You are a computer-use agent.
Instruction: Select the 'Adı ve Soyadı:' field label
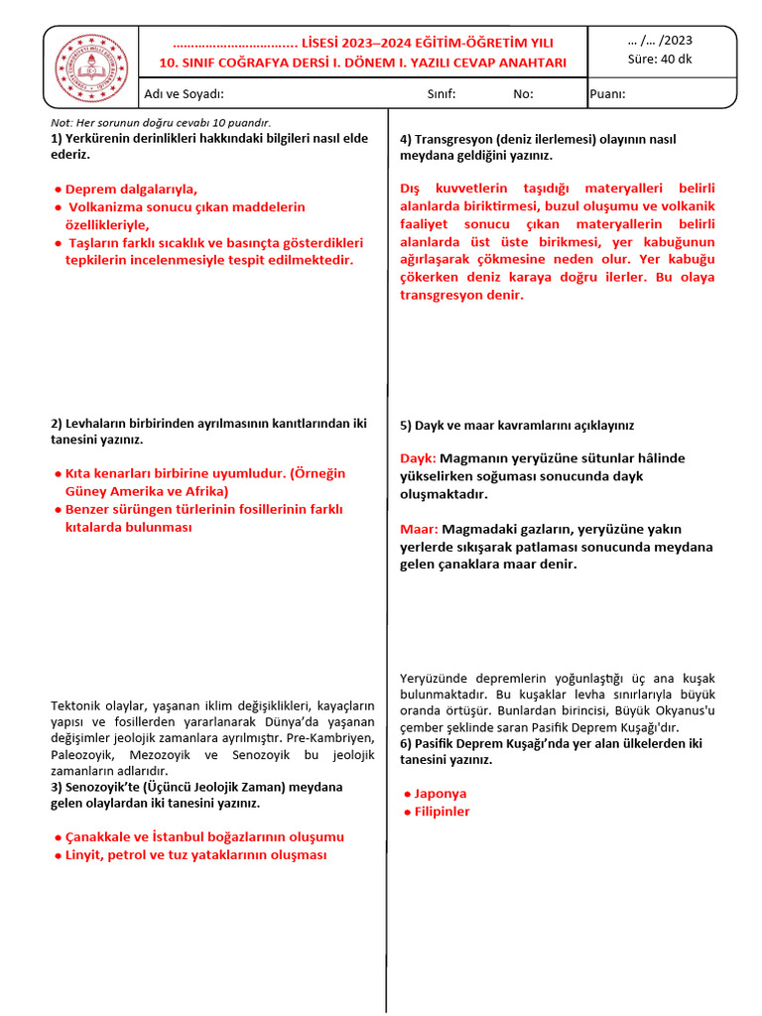[x=185, y=94]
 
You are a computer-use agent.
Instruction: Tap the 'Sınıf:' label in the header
[x=441, y=94]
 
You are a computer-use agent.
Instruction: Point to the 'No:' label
[x=523, y=94]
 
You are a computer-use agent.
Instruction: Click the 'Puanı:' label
[x=608, y=94]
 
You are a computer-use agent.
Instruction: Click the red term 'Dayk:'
[x=418, y=458]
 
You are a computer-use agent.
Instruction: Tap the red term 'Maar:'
[x=419, y=529]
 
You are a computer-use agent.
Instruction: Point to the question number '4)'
[x=406, y=139]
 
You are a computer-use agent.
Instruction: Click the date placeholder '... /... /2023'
[x=661, y=40]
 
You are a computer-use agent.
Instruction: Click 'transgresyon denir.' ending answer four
[x=461, y=295]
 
